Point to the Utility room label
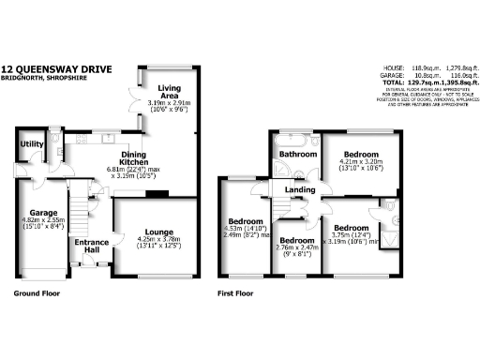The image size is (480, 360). pyautogui.click(x=33, y=144)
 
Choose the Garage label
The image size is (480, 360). pyautogui.click(x=43, y=212)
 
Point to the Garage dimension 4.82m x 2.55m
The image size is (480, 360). pyautogui.click(x=44, y=221)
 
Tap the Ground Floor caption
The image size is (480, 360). pyautogui.click(x=38, y=293)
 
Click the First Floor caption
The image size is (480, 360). pyautogui.click(x=236, y=293)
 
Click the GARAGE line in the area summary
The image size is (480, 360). pyautogui.click(x=415, y=76)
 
